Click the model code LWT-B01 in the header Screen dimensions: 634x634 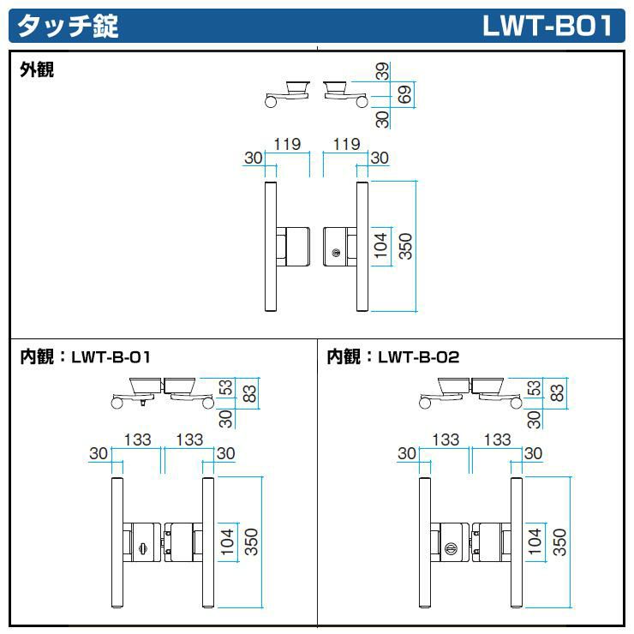[547, 26]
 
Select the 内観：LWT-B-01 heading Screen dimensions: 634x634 [85, 356]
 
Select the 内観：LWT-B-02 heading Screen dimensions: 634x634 [393, 356]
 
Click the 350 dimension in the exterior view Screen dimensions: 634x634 [405, 247]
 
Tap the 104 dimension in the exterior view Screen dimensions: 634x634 [382, 247]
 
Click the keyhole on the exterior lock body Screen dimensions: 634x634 [337, 253]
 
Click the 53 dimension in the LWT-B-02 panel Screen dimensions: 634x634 [535, 387]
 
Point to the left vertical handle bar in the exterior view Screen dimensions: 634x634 [271, 247]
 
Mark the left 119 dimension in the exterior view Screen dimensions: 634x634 [287, 145]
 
